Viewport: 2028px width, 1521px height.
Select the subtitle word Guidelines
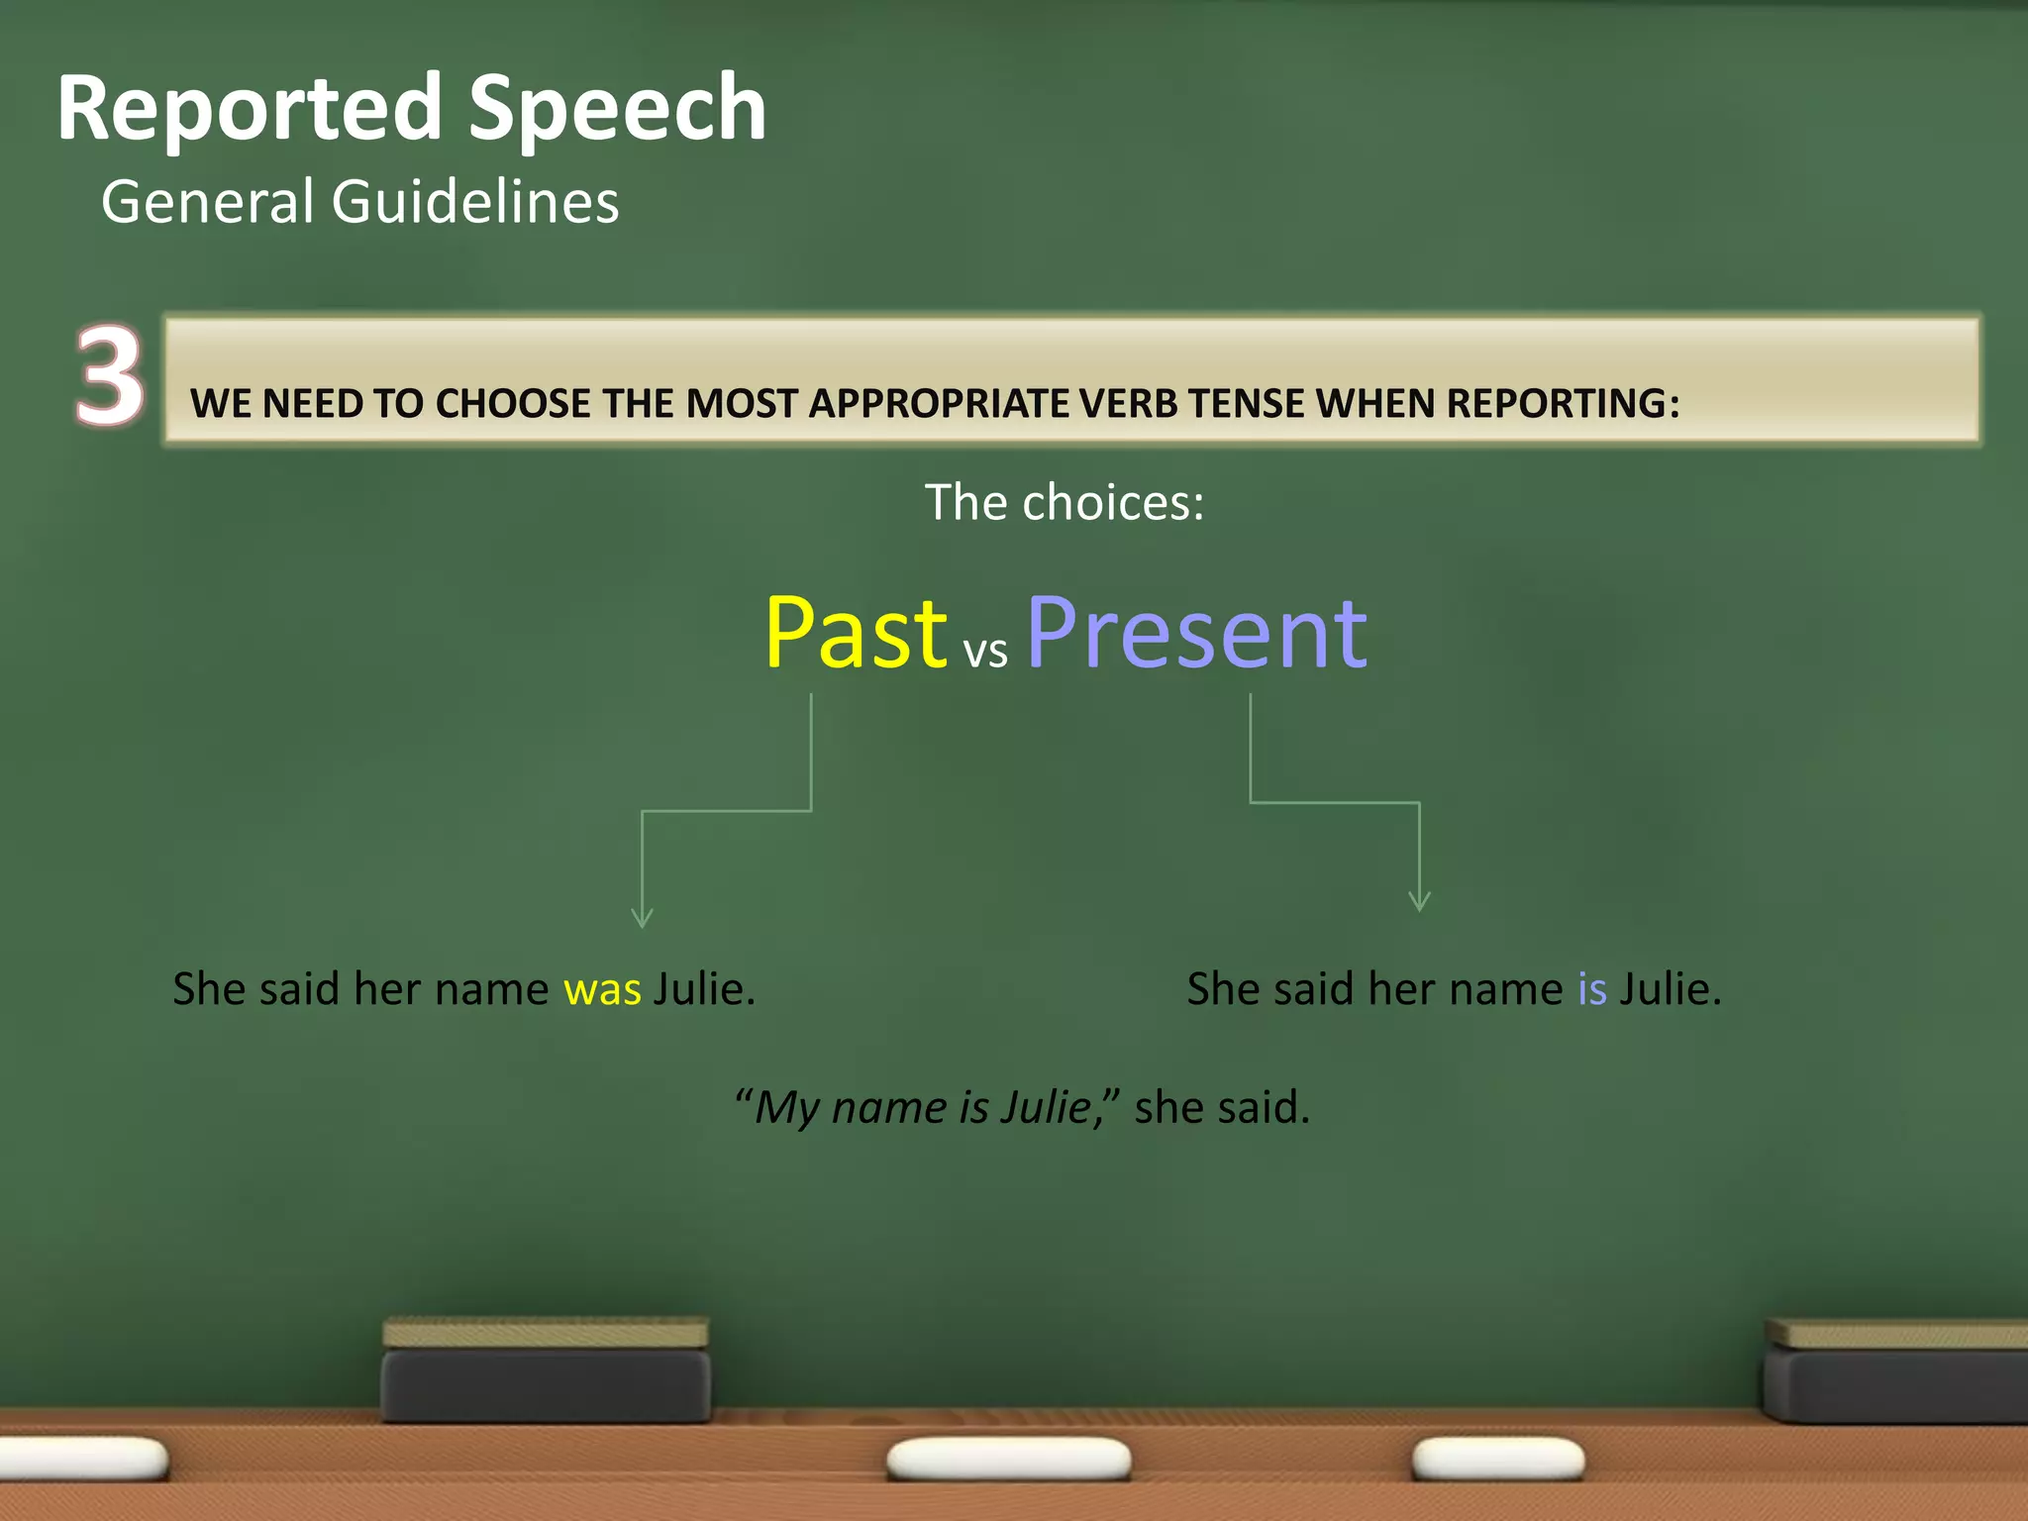(x=475, y=202)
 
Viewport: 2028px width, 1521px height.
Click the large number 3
(x=109, y=377)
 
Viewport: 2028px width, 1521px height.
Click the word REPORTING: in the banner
(x=1563, y=404)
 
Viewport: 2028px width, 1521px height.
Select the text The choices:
(x=1065, y=502)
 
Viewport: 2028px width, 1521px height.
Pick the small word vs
(x=985, y=653)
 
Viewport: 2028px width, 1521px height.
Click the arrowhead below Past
(x=642, y=919)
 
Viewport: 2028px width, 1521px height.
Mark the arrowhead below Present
(x=1419, y=902)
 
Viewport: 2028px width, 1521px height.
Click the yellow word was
(x=602, y=989)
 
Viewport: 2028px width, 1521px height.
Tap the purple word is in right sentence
(x=1592, y=989)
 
